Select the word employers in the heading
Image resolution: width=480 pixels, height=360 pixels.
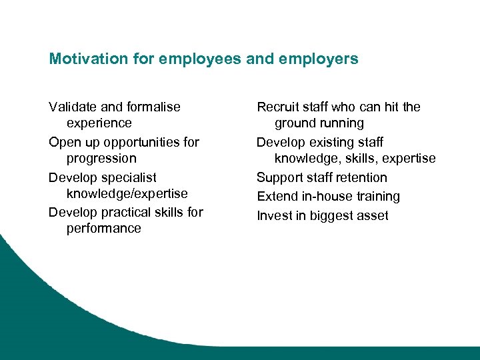click(322, 59)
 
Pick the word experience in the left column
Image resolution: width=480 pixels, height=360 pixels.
click(99, 123)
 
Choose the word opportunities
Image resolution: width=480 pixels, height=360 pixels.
click(138, 142)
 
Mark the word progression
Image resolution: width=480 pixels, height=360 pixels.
click(101, 159)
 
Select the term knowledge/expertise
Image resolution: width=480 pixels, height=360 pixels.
click(127, 194)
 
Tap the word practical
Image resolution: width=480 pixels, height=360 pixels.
click(125, 212)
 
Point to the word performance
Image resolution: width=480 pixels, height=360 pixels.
click(104, 229)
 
